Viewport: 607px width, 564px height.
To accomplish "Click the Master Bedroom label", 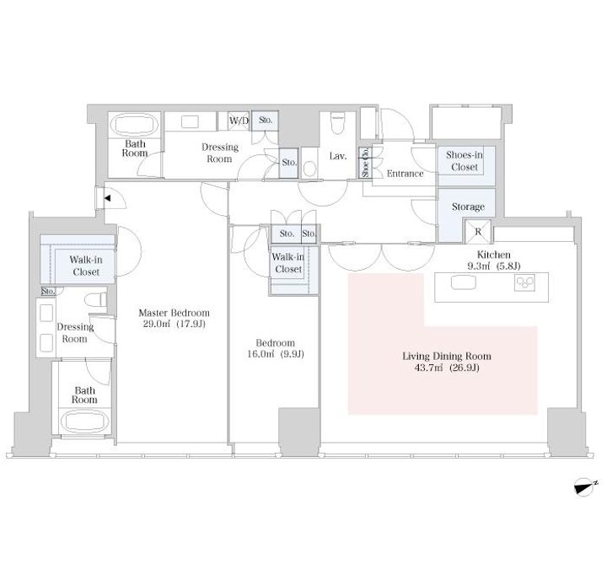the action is click(174, 313).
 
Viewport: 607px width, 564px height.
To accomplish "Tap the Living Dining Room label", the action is click(447, 356).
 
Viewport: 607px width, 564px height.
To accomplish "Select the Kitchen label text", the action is click(493, 255).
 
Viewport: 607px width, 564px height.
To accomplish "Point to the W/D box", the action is click(239, 121).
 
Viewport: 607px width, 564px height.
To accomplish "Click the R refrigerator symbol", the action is click(478, 232).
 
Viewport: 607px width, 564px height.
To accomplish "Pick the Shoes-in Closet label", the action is click(465, 161).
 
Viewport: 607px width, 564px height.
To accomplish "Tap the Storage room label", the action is click(468, 207).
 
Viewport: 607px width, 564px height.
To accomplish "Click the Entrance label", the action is click(405, 174).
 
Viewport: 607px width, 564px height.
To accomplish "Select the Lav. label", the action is click(338, 156).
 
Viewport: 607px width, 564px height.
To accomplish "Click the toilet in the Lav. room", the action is click(338, 123).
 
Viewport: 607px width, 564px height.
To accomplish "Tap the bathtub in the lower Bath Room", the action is click(85, 422).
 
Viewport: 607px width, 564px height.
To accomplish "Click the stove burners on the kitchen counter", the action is click(524, 282).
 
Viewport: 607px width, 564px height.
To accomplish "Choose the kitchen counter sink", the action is click(463, 282).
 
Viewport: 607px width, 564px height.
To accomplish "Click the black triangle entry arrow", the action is click(107, 198).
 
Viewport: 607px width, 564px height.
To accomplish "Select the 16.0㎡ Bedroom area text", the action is click(275, 354).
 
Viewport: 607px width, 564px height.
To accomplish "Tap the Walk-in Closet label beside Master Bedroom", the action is click(86, 266).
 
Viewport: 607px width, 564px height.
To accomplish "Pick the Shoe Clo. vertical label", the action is click(365, 163).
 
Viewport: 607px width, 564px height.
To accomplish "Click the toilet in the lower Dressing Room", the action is click(95, 299).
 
